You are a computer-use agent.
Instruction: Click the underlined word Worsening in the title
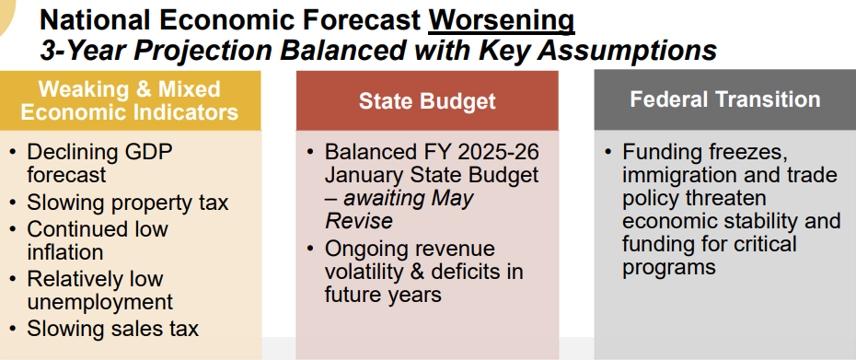tap(501, 18)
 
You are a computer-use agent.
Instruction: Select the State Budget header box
tap(427, 101)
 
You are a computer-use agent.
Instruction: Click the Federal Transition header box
tap(724, 99)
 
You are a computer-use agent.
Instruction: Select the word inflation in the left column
tap(65, 251)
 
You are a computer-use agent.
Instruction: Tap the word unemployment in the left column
tap(99, 301)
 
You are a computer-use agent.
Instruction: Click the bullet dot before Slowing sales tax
tap(13, 329)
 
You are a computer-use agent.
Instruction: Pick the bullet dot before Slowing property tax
tap(13, 203)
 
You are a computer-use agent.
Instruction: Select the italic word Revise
tap(359, 220)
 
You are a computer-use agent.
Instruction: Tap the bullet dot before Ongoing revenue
tap(310, 250)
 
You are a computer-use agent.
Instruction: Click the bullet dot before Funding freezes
tap(607, 152)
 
